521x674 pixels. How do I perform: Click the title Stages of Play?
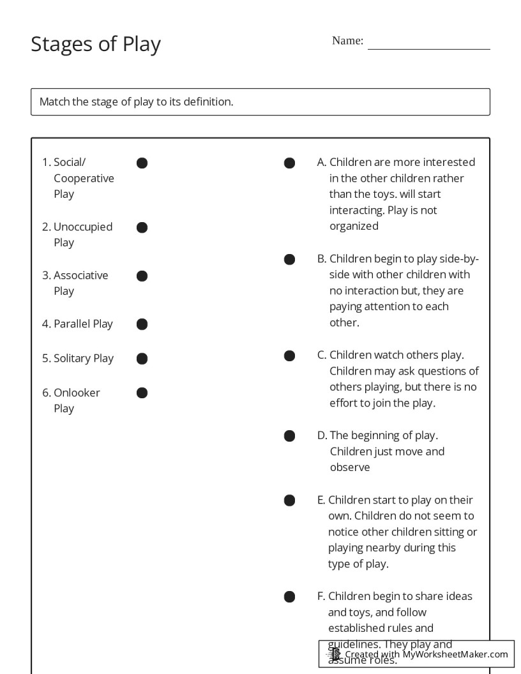96,44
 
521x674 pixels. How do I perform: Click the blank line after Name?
428,45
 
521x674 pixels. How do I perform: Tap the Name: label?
347,41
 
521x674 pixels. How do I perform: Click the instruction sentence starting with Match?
136,101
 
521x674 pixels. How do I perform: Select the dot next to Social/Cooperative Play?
142,163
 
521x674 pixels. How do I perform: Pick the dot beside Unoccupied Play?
142,227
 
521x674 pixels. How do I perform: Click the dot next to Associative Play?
142,276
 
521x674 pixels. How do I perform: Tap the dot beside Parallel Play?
142,324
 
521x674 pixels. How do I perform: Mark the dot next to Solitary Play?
142,359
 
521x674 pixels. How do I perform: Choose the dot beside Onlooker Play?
142,393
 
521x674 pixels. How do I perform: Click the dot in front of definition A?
289,163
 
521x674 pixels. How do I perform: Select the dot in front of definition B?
289,259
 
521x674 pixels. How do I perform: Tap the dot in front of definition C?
289,356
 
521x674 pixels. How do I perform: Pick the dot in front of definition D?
289,436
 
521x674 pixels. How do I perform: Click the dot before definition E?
289,500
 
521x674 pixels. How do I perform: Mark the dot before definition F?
289,597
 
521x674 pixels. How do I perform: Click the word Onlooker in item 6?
77,393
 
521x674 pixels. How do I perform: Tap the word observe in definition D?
350,467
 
